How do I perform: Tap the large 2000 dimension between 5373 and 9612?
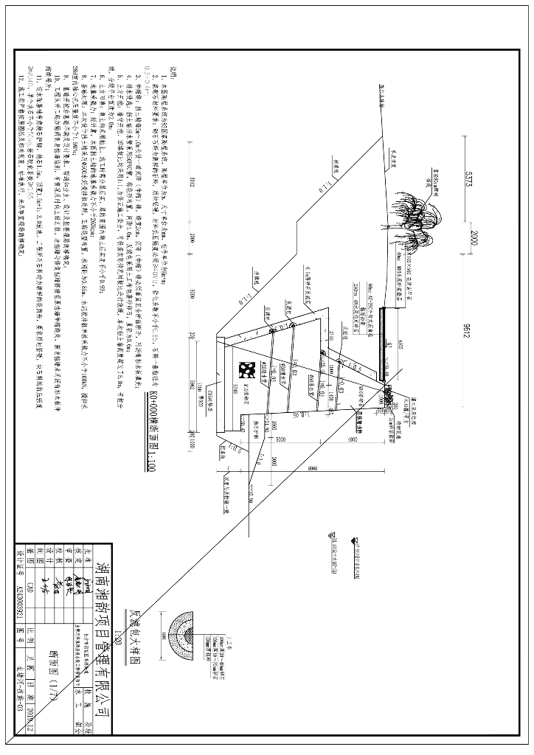(468, 241)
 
